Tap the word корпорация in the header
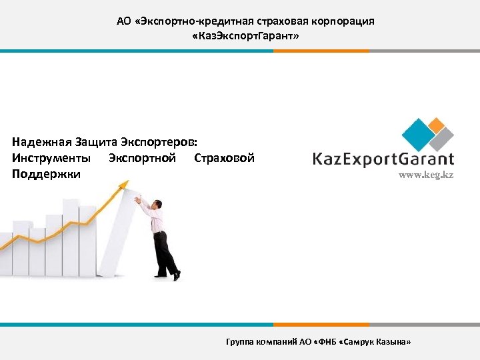click(345, 21)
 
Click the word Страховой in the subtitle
click(224, 158)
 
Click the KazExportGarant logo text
click(383, 159)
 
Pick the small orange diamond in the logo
click(437, 123)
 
